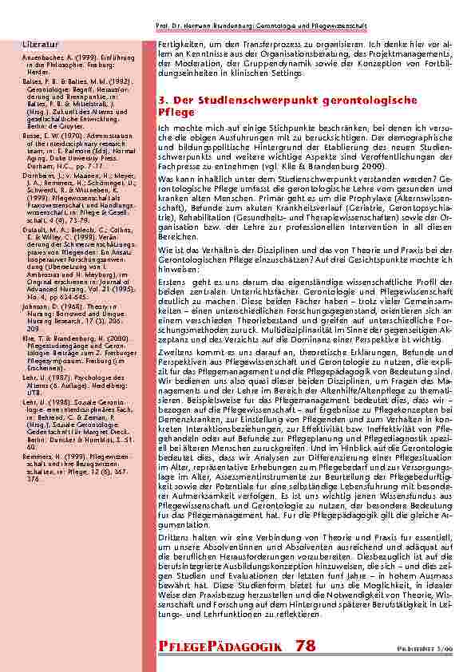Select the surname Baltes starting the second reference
click(30, 81)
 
